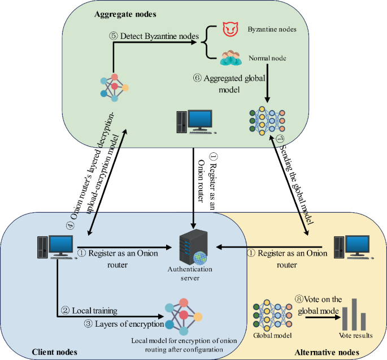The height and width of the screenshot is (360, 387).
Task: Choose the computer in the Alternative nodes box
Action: [x=350, y=247]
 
